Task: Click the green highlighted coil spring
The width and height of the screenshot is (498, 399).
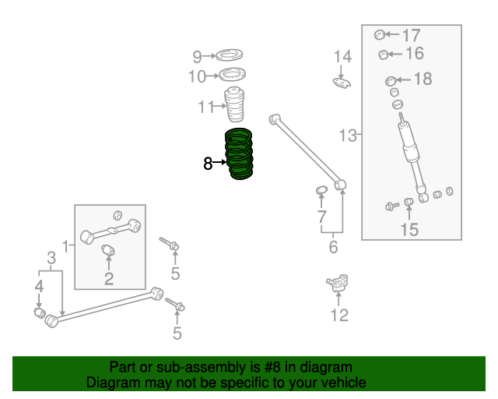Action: (239, 154)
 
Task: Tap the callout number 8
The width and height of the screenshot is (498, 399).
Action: (208, 164)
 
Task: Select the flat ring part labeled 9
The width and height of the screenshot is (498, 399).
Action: (230, 55)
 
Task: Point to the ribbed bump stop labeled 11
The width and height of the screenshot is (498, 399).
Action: (234, 104)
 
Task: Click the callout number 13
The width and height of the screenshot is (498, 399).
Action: (348, 136)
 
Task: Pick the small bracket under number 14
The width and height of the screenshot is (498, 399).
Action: (342, 83)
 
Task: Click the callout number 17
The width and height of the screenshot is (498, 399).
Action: (412, 35)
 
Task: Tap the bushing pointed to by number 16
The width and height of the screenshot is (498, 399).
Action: (383, 55)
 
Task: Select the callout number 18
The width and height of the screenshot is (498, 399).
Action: (423, 79)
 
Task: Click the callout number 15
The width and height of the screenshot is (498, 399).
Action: (409, 229)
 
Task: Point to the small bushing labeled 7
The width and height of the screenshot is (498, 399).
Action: (321, 190)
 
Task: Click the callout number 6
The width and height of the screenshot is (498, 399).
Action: (333, 247)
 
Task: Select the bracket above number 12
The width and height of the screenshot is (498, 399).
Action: (338, 283)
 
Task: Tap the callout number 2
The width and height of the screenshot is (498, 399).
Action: (109, 279)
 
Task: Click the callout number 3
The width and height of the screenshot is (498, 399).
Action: (51, 258)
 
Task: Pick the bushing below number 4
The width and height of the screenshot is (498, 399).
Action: (40, 312)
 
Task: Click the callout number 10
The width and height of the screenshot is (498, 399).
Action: (197, 76)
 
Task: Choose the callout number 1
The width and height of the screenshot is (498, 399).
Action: (65, 246)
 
